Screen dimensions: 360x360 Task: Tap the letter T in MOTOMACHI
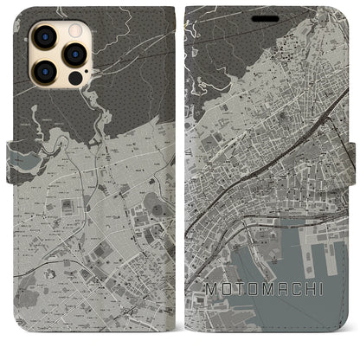tap(243, 310)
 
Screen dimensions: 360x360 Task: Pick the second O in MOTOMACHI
tap(259, 310)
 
